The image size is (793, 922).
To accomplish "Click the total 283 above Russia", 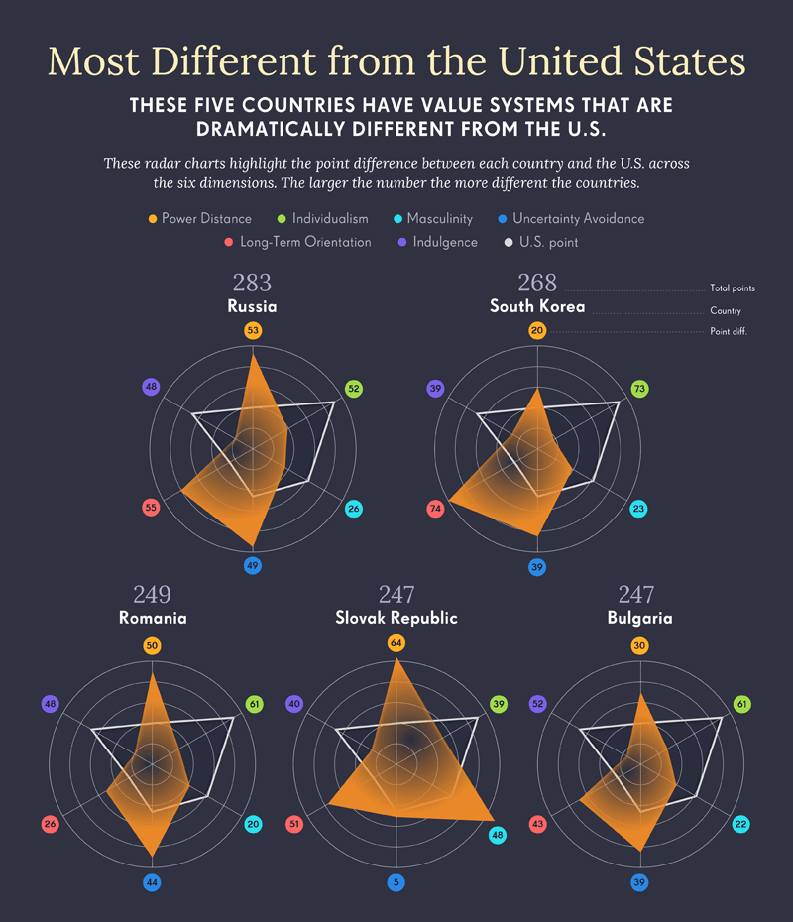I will [252, 283].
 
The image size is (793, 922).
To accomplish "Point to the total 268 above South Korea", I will [537, 283].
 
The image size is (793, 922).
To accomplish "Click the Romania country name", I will [153, 618].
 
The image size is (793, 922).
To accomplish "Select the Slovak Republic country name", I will [396, 618].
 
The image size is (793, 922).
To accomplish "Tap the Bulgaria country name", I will [639, 618].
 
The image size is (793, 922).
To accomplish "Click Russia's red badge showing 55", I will [151, 508].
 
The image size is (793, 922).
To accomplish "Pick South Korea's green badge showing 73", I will [639, 389].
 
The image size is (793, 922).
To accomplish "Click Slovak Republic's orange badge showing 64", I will [396, 644].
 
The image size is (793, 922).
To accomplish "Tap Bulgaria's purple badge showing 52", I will [538, 704].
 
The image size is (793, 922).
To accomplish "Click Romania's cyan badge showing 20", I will [254, 824].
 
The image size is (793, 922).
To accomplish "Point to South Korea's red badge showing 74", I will [435, 509].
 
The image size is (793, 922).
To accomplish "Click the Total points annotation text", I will [733, 288].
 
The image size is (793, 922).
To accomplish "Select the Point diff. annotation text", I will [729, 331].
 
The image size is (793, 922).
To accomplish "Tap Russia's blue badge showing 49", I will [253, 566].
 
